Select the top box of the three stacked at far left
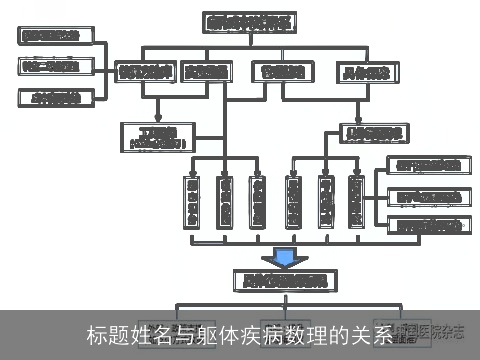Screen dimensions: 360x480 click(x=57, y=37)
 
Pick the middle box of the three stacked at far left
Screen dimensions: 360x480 click(x=57, y=67)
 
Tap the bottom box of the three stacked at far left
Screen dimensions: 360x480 click(x=57, y=97)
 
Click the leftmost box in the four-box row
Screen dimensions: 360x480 click(x=146, y=72)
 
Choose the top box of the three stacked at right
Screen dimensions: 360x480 click(x=426, y=165)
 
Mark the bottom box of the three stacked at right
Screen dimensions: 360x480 click(x=426, y=226)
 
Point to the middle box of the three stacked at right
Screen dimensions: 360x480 click(x=426, y=196)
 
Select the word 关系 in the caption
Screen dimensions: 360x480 click(x=375, y=334)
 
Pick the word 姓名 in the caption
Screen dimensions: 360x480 click(x=149, y=334)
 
